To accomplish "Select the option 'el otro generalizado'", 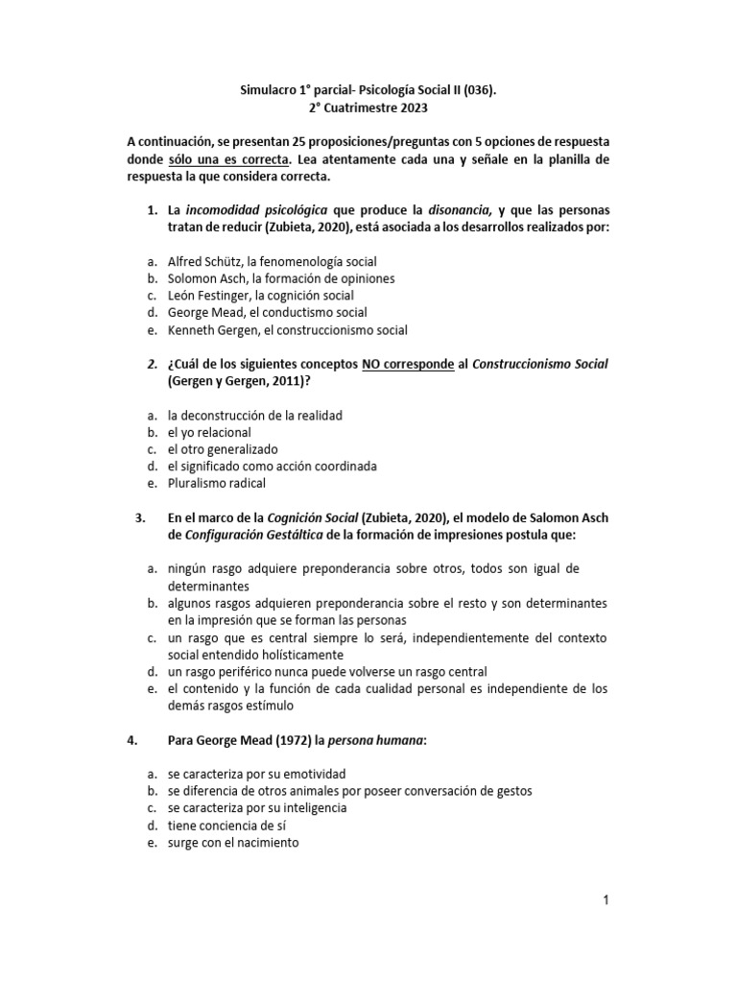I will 222,449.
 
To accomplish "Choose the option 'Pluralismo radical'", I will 216,484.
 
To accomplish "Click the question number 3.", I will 140,518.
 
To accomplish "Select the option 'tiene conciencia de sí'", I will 228,826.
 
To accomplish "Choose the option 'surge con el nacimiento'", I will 233,843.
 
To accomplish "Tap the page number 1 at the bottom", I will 606,899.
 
